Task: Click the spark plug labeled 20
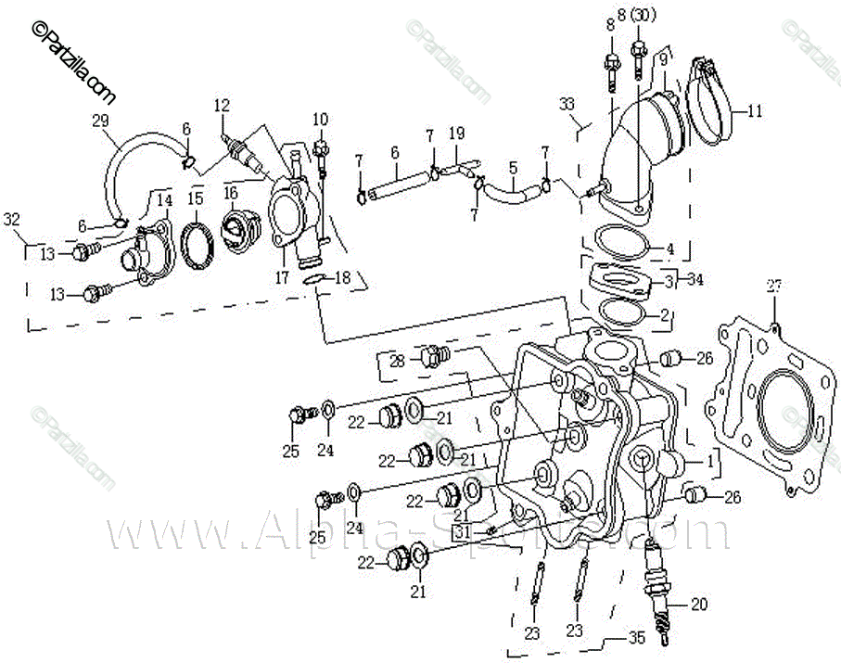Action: [x=659, y=593]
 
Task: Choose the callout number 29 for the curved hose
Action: [x=100, y=120]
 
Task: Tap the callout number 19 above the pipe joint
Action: [x=455, y=134]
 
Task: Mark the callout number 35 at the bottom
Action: [x=635, y=639]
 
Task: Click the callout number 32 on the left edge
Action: [x=11, y=219]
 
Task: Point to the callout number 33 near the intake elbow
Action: [x=567, y=104]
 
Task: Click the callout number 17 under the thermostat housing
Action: [x=281, y=276]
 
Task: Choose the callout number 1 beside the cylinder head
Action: [x=710, y=459]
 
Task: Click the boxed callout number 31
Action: [x=463, y=532]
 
